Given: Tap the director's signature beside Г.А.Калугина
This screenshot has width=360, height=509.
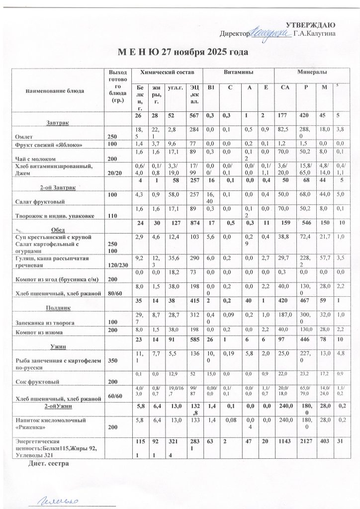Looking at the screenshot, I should pyautogui.click(x=270, y=32).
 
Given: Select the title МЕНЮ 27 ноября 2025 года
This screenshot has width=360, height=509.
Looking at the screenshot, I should pyautogui.click(x=182, y=52).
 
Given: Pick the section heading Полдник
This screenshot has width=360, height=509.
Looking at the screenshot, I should pyautogui.click(x=57, y=308).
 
